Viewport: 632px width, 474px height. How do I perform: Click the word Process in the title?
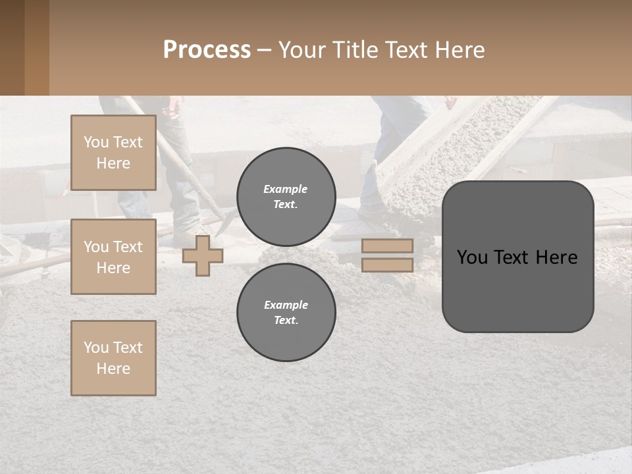coord(207,50)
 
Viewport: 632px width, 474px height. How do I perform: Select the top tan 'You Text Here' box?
coord(113,153)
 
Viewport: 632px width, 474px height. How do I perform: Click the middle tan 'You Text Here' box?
coord(113,257)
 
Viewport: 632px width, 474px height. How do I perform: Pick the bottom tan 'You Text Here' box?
coord(113,358)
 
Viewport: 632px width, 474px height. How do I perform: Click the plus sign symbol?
coord(203,255)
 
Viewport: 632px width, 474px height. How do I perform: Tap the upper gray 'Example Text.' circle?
coord(286,197)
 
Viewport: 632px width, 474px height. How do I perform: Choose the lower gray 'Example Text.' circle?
coord(286,313)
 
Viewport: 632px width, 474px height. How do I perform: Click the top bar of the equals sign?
coord(387,246)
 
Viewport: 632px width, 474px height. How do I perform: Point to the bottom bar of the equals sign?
coord(387,265)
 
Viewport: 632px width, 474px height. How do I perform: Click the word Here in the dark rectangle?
coord(556,257)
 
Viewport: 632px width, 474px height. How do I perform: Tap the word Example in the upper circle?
coord(285,190)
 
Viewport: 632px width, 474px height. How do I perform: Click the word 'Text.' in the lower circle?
coord(286,321)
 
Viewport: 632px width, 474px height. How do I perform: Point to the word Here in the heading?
coord(458,50)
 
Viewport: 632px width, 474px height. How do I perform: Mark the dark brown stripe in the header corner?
coord(12,47)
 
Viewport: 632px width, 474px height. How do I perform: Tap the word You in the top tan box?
coord(96,142)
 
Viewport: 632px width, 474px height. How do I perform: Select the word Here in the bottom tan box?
coord(113,369)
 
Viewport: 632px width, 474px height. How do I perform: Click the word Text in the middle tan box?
coord(128,247)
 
